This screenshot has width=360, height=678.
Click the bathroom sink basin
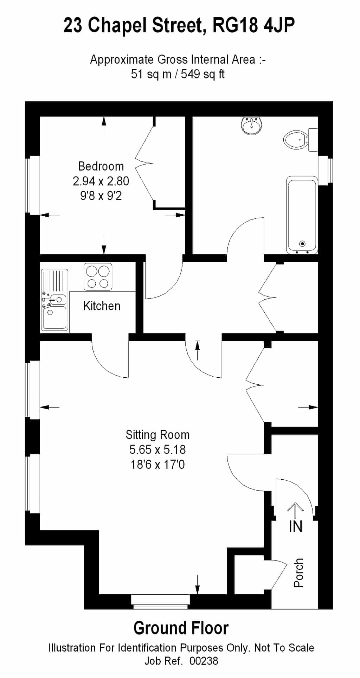click(251, 126)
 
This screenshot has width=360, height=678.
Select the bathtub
click(302, 215)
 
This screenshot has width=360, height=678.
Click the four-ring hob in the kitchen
click(98, 277)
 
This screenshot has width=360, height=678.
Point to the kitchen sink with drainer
click(54, 300)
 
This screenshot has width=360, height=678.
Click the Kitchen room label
click(102, 306)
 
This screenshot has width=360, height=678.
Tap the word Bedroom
click(101, 166)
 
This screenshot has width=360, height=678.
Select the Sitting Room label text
click(157, 435)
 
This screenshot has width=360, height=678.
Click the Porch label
click(298, 573)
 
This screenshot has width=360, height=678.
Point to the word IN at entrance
click(296, 526)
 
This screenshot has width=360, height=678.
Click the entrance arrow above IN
click(296, 510)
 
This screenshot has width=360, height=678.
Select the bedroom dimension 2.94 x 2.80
click(101, 181)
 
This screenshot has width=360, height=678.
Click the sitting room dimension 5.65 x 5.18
click(157, 450)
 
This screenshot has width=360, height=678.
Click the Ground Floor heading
click(181, 628)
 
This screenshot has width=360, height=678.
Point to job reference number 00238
click(204, 661)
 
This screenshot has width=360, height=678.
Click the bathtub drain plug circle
click(302, 244)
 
